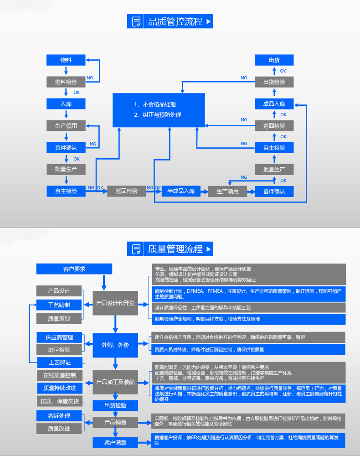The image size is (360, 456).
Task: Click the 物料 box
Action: tap(66, 60)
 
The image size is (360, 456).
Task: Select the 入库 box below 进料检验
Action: tap(66, 104)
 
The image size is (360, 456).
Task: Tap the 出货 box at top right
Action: tap(274, 60)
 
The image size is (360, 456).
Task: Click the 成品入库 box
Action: tap(274, 104)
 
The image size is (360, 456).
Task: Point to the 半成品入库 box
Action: tap(181, 191)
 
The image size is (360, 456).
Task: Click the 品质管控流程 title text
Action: tap(175, 21)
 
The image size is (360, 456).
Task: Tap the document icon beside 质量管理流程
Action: tap(136, 249)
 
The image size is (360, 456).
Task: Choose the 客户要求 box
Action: tap(74, 269)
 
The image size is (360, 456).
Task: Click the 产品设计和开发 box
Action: tap(115, 303)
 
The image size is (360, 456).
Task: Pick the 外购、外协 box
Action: tap(115, 345)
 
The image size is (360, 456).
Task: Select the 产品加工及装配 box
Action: tap(115, 382)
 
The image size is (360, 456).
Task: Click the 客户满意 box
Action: tap(115, 442)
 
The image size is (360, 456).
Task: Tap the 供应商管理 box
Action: tap(59, 337)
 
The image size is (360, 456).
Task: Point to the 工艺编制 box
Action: tap(59, 305)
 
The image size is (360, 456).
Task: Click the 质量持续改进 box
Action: tap(59, 388)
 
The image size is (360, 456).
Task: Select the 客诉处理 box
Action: tap(59, 416)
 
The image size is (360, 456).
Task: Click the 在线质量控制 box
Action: tap(59, 375)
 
